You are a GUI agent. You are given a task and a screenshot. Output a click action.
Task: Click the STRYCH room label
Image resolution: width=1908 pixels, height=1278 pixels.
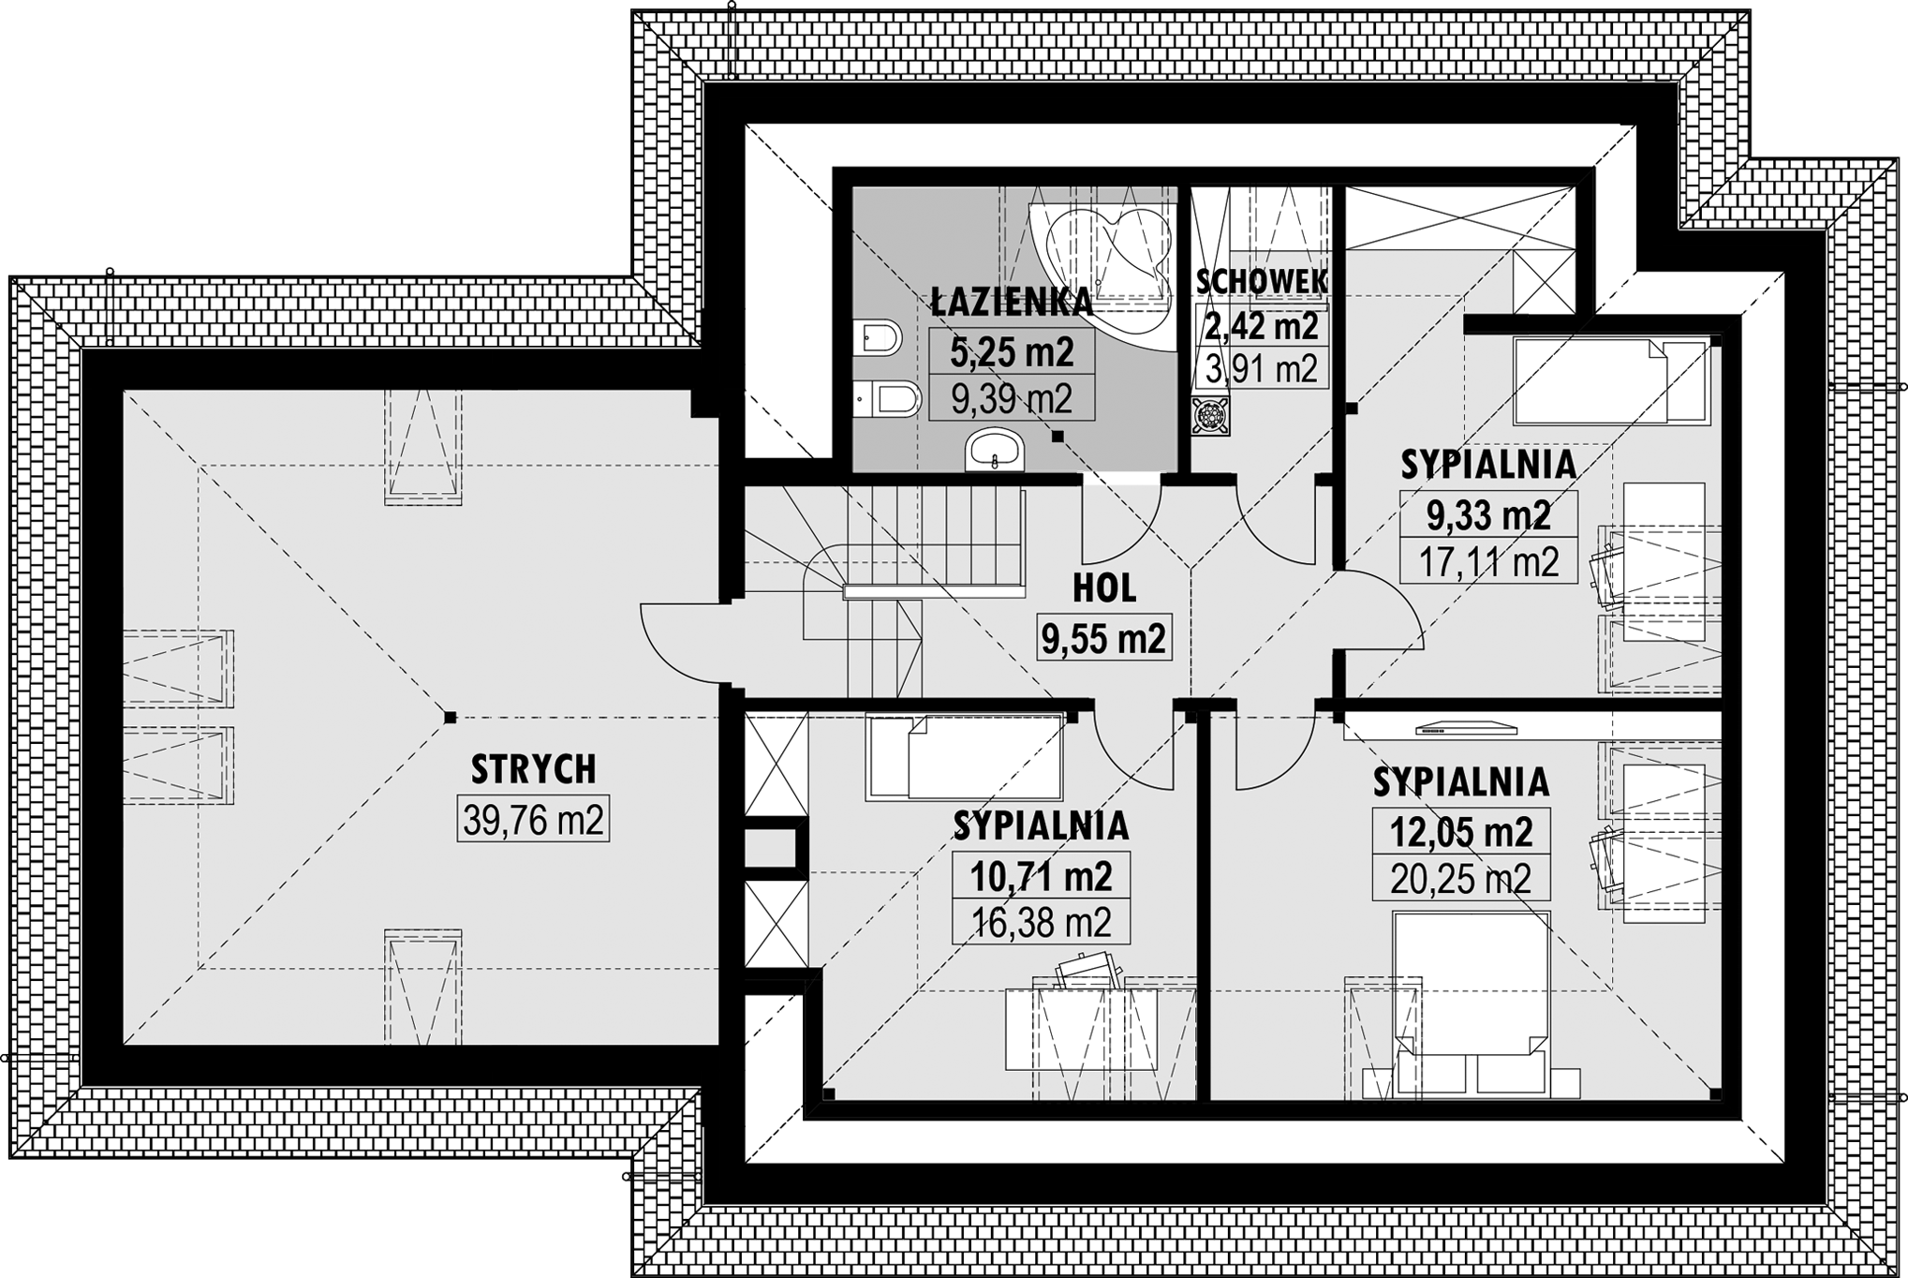(533, 769)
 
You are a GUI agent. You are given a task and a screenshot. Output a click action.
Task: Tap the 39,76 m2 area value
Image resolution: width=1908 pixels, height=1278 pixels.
(533, 821)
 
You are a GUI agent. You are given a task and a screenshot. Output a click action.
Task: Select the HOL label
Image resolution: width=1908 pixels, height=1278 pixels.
(1104, 588)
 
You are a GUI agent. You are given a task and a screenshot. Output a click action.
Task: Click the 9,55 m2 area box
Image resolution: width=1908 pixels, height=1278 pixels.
(1104, 639)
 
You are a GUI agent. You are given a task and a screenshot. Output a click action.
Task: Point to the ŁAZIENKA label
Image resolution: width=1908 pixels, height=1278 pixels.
(1012, 302)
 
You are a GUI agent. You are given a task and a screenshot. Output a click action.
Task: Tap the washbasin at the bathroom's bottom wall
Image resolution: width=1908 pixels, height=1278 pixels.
(996, 451)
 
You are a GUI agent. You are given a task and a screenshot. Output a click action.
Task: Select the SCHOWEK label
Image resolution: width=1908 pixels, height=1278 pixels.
(1262, 280)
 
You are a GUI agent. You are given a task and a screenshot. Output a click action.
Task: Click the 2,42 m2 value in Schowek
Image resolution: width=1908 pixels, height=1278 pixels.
(1262, 326)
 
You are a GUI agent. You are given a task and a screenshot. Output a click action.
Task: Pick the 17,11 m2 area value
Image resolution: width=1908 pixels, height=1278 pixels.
(1488, 562)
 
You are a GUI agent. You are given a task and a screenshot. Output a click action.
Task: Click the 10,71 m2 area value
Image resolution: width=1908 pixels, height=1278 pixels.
(1041, 876)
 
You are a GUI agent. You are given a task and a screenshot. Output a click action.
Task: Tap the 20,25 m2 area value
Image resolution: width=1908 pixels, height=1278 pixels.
(1460, 879)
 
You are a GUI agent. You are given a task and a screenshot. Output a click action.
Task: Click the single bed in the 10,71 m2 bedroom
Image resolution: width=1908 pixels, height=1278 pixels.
(965, 757)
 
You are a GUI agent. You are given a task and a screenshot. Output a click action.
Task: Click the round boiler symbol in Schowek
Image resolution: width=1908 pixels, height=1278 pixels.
(1210, 415)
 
